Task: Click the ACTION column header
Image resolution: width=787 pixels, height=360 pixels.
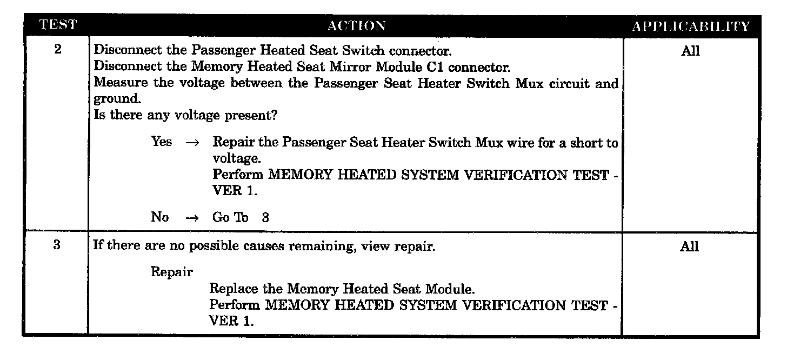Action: (356, 25)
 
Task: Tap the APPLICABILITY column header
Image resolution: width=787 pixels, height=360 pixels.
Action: (691, 26)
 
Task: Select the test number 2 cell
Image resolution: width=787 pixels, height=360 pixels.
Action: (58, 50)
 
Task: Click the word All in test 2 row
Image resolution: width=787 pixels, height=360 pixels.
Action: (690, 51)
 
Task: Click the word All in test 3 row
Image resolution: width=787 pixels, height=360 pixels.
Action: (690, 247)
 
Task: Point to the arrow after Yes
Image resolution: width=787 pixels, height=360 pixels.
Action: (192, 143)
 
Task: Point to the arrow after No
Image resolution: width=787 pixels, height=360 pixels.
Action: (192, 218)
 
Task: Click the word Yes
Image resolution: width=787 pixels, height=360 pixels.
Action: (162, 142)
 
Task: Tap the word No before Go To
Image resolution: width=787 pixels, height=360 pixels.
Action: (160, 217)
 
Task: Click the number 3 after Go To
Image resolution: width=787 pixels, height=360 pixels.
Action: (265, 217)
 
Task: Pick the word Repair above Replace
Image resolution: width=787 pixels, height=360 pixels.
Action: (171, 272)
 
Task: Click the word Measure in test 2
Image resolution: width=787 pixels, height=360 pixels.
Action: (116, 83)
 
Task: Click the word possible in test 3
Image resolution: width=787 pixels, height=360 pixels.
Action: (214, 246)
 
